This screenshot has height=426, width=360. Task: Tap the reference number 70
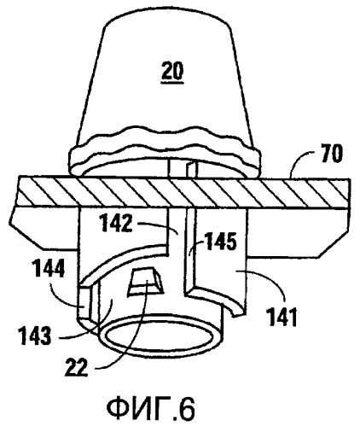point(331,154)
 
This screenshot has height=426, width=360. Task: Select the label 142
point(117,223)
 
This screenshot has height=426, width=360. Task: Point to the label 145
point(220,242)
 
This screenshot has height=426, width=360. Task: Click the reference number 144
point(49,269)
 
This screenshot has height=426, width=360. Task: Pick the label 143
point(35,336)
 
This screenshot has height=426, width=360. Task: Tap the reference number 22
point(77,367)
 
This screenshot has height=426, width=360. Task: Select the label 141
point(282,317)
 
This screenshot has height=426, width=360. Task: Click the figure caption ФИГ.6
point(151,409)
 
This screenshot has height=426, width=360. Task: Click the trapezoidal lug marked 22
point(146,282)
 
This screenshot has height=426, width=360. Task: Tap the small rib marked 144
point(84,302)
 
